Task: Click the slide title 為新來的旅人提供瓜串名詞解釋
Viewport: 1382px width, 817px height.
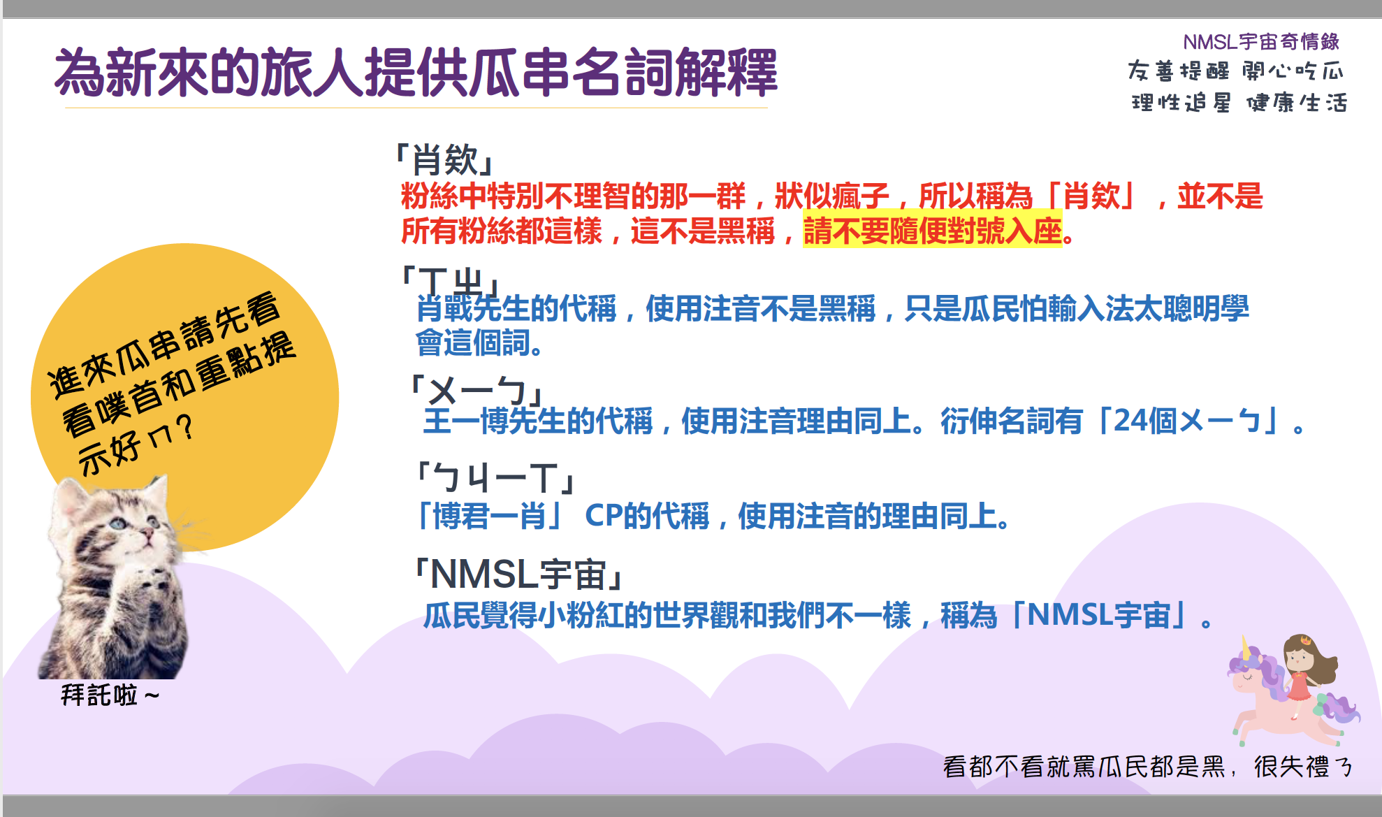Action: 416,72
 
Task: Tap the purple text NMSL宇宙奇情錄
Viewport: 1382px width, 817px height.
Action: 1261,42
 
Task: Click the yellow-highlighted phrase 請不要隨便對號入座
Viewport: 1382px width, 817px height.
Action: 933,231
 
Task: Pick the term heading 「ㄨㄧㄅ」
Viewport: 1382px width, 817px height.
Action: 477,390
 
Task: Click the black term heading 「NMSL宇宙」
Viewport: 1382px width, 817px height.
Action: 518,574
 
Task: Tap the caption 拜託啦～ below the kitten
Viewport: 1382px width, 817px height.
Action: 110,695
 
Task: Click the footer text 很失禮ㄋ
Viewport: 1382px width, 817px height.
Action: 1303,767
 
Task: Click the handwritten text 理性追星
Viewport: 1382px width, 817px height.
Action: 1181,103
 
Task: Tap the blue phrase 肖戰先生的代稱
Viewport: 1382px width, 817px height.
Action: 516,308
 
